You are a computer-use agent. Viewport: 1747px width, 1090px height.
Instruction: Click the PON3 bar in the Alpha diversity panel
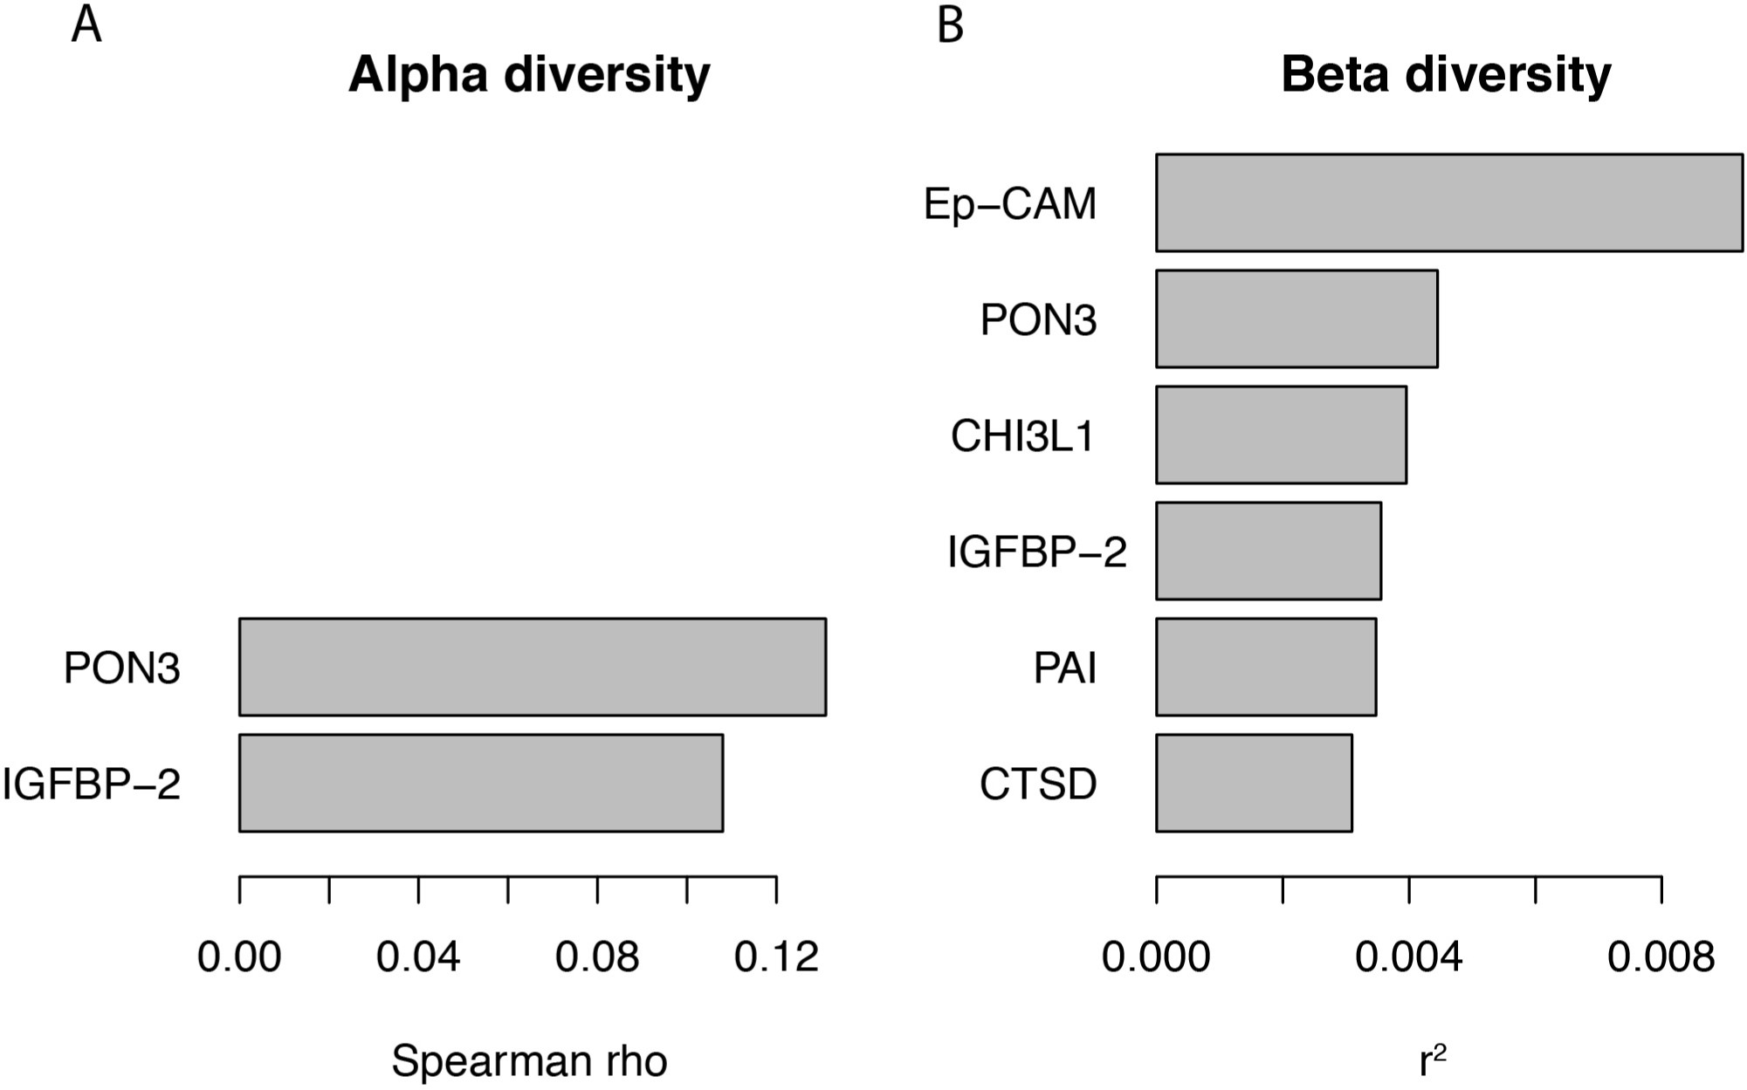click(x=533, y=667)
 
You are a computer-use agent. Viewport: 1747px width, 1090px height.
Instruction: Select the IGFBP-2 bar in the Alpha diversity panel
click(x=481, y=783)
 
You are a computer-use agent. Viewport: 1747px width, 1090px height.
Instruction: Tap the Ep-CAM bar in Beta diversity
click(x=1449, y=202)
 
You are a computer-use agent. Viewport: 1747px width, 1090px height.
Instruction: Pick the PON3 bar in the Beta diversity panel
click(x=1296, y=319)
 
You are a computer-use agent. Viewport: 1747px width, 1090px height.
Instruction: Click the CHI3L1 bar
click(x=1281, y=435)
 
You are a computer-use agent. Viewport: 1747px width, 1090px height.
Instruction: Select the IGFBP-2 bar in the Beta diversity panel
click(x=1269, y=551)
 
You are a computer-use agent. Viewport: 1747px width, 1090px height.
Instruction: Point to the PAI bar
click(x=1266, y=667)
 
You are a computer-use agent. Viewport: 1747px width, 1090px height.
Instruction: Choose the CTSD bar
click(x=1254, y=783)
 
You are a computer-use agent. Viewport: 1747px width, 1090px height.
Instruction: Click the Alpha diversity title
click(x=529, y=75)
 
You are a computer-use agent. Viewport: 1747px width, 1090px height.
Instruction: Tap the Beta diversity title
click(x=1446, y=75)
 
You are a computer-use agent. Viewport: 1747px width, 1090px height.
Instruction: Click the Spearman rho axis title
click(x=529, y=1061)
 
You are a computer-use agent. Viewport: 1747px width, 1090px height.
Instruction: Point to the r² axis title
click(x=1433, y=1059)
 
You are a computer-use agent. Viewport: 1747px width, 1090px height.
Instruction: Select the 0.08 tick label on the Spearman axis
click(x=597, y=957)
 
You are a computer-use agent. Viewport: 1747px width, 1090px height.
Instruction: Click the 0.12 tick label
click(x=776, y=957)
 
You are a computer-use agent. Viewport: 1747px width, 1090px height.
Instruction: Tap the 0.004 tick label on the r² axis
click(x=1408, y=957)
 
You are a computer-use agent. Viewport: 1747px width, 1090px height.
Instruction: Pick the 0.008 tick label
click(x=1661, y=957)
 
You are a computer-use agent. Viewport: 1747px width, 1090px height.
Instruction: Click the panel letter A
click(x=86, y=24)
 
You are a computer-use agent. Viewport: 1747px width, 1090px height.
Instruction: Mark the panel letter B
click(x=950, y=24)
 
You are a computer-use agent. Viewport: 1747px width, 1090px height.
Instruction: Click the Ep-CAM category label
click(x=1010, y=204)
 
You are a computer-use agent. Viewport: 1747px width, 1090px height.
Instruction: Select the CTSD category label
click(x=1038, y=784)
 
